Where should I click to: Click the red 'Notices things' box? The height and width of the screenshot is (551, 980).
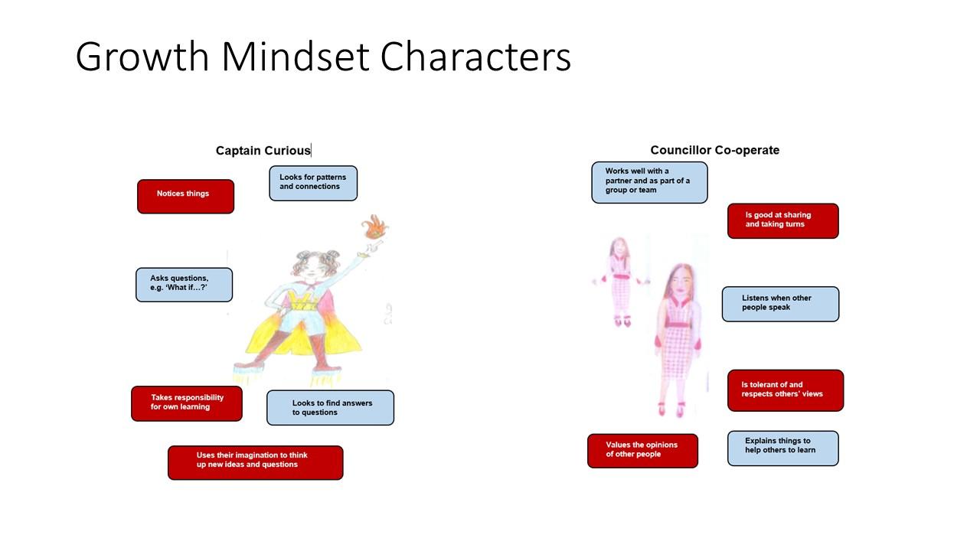(x=185, y=197)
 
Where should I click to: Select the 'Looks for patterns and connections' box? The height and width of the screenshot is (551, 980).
(x=313, y=183)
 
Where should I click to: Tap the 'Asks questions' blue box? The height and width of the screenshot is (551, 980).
(x=185, y=285)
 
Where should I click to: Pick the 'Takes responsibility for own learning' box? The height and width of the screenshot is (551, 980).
(x=187, y=403)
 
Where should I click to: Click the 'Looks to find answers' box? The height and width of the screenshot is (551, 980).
(x=330, y=408)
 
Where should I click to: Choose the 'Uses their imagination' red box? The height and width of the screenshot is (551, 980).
(x=256, y=463)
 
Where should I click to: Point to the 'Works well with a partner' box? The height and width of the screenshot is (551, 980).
(x=650, y=182)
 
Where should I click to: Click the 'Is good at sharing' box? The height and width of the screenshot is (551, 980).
(x=783, y=221)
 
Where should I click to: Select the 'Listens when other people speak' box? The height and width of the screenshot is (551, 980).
(x=780, y=304)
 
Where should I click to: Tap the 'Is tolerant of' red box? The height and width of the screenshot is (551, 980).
(x=786, y=390)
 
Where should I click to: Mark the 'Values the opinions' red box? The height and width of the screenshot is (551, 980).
(x=642, y=451)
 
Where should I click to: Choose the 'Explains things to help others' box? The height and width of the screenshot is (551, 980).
(x=783, y=448)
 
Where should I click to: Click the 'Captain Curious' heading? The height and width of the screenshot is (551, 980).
(x=263, y=151)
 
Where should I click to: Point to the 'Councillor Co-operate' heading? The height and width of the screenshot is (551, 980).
(x=715, y=150)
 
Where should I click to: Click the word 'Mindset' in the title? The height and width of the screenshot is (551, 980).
(x=296, y=57)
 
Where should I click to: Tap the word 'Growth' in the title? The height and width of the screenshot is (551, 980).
(x=142, y=57)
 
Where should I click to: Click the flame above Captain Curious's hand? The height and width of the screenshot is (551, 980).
(x=375, y=227)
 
